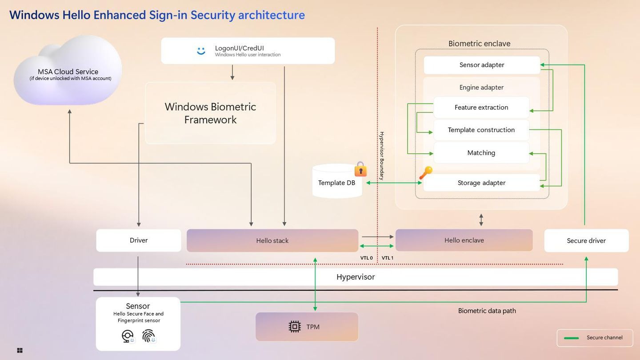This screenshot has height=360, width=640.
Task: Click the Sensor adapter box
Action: (482, 65)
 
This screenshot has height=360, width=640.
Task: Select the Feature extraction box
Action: (481, 108)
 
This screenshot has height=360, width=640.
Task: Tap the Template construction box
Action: (481, 130)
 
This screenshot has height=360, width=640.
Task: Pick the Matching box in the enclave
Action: (481, 153)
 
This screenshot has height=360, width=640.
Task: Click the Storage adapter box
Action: (481, 183)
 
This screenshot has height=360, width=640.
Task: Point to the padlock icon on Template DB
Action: (360, 169)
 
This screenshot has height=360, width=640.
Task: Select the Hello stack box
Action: (272, 240)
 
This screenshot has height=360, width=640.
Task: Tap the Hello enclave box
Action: (464, 240)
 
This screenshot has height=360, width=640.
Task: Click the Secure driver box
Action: (586, 240)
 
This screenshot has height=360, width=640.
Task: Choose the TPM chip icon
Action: (294, 327)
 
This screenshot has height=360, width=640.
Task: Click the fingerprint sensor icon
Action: (149, 336)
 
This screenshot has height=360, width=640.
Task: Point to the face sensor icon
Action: (128, 336)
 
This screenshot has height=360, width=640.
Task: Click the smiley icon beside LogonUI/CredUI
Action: (201, 51)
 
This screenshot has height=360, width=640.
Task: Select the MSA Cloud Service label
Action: (68, 72)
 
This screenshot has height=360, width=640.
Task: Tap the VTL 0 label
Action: (366, 258)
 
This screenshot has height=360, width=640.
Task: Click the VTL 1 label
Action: (388, 258)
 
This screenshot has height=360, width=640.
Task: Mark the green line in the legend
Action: (571, 338)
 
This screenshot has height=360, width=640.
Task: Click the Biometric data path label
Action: (487, 311)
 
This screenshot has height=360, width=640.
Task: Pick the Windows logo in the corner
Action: (20, 351)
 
